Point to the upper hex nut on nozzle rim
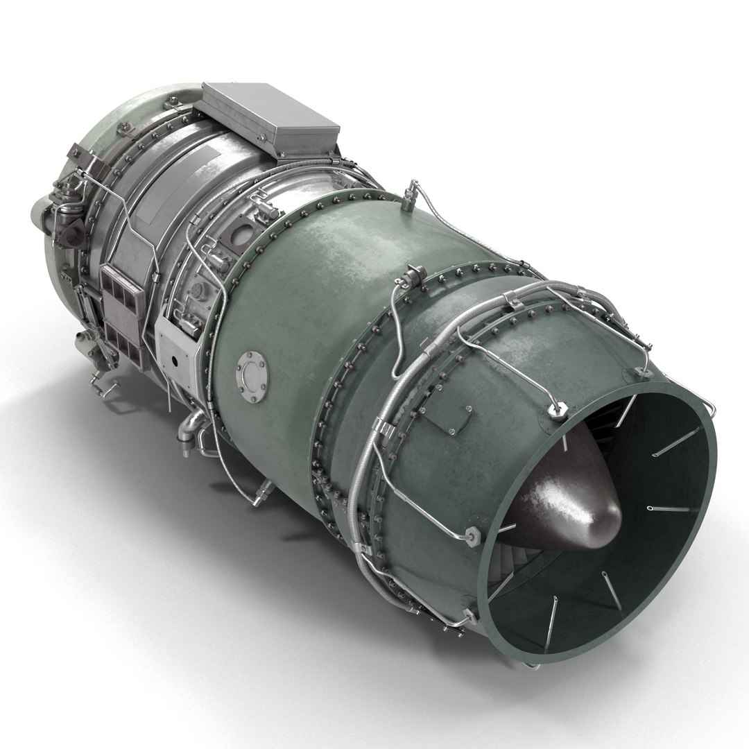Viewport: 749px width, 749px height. (558, 411)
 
